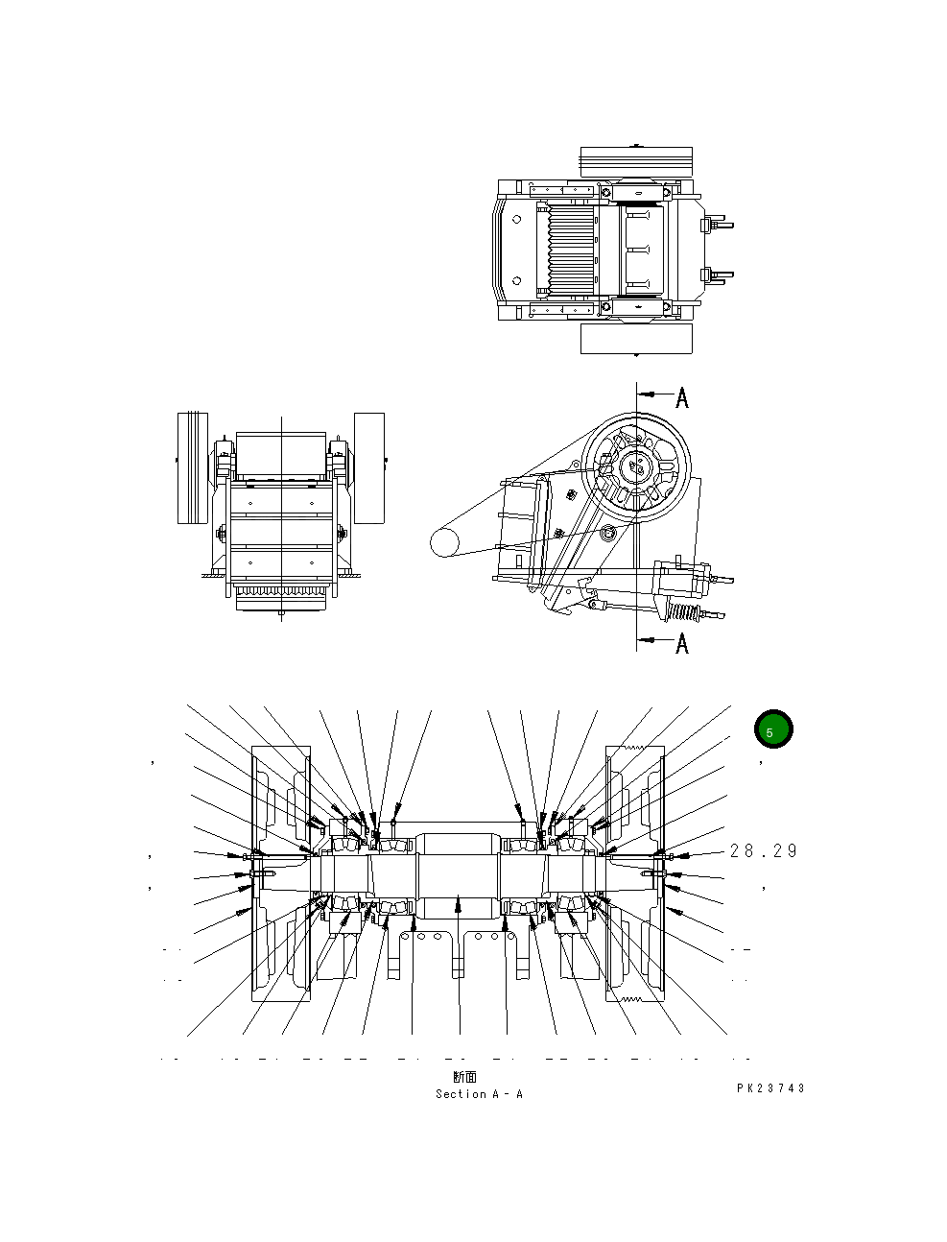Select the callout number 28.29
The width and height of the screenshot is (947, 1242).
(763, 851)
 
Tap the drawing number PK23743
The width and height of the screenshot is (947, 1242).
(770, 1088)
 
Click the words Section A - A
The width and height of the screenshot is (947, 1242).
(479, 1094)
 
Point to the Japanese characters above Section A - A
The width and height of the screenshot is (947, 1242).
(465, 1078)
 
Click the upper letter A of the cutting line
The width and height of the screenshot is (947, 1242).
(682, 397)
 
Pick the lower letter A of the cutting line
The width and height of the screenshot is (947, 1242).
(682, 642)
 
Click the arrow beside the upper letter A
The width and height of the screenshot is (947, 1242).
(654, 394)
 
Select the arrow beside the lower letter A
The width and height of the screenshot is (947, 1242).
(654, 638)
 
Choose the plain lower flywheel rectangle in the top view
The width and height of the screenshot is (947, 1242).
(636, 338)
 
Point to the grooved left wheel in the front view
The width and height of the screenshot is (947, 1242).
(193, 468)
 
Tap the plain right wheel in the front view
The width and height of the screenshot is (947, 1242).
(368, 468)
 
